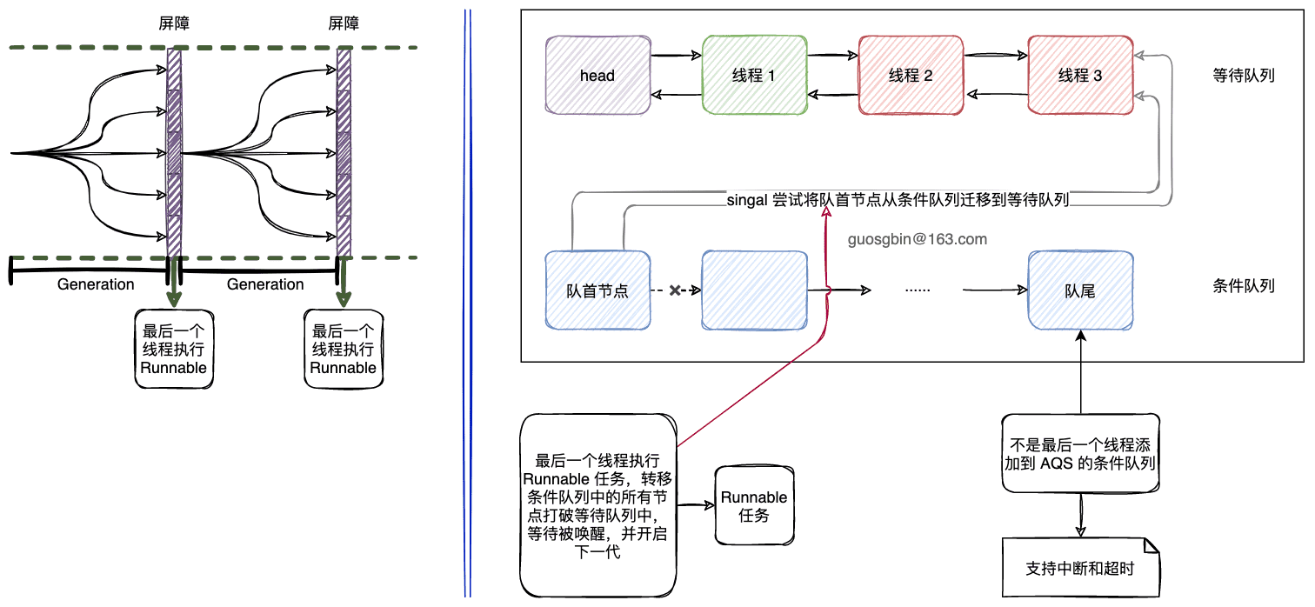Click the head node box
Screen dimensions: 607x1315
tap(597, 76)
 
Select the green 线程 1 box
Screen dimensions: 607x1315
tap(754, 76)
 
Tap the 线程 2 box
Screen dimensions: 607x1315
tap(911, 76)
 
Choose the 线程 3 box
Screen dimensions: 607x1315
tap(1080, 76)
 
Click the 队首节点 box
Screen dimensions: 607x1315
tap(597, 291)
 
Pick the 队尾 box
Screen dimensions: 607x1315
tap(1080, 291)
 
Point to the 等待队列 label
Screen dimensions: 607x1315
tap(1243, 76)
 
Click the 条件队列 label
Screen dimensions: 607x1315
tap(1243, 286)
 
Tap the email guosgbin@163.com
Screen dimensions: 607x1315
tap(918, 239)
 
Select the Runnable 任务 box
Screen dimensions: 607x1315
tap(754, 506)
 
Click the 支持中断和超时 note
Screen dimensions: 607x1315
tap(1080, 569)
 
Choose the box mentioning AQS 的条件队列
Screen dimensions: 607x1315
tap(1080, 454)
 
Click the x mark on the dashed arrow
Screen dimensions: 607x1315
tap(675, 291)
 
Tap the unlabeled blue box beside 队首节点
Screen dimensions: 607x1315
tap(754, 291)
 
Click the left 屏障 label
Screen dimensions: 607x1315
tap(174, 24)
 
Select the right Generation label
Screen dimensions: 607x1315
tap(265, 284)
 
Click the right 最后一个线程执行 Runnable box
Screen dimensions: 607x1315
tap(344, 349)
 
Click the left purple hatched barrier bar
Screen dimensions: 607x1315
tap(174, 153)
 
